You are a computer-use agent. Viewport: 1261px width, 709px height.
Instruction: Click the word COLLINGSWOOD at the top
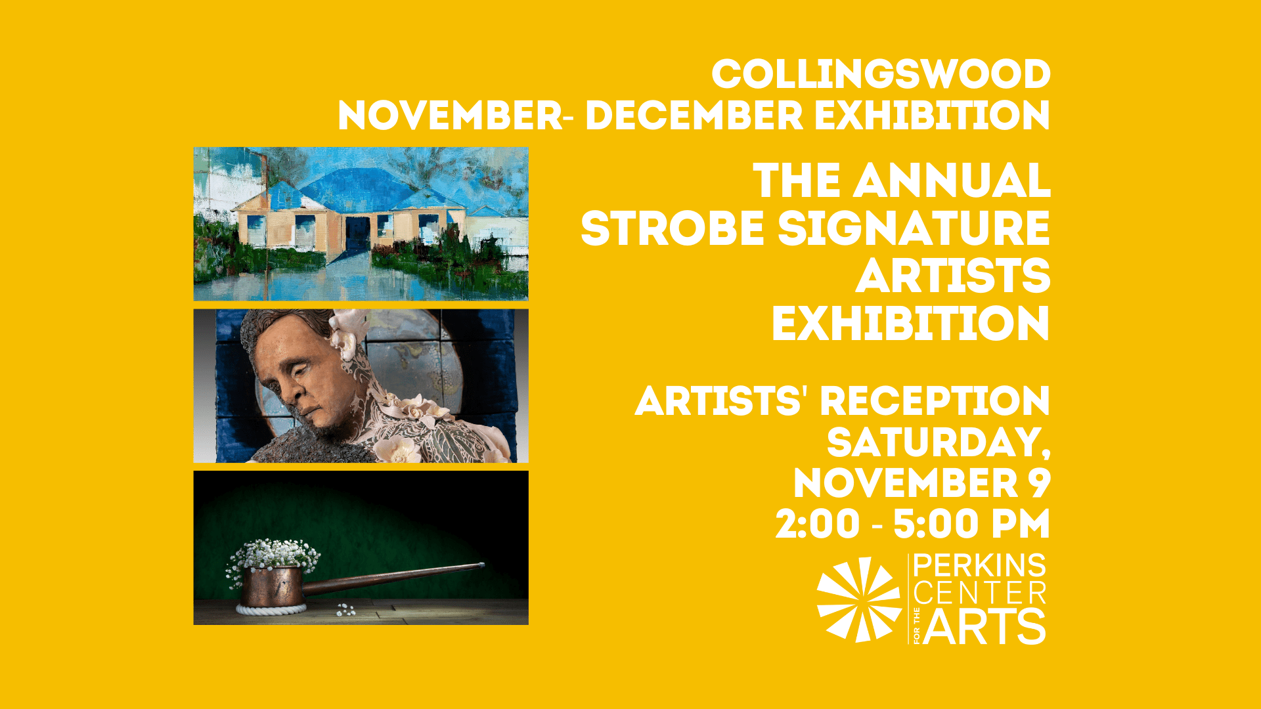tap(881, 74)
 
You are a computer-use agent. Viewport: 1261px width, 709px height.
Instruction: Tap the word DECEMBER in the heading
tap(694, 116)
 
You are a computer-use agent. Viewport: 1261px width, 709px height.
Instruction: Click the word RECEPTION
tap(935, 401)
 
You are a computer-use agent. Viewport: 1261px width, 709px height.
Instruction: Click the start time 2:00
tap(817, 525)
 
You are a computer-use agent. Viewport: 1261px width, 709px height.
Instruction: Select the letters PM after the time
tap(1021, 525)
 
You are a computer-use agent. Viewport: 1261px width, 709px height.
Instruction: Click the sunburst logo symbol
tap(858, 599)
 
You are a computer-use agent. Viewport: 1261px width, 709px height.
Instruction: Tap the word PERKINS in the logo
tap(979, 566)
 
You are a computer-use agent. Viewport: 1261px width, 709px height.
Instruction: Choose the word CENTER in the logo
tap(979, 594)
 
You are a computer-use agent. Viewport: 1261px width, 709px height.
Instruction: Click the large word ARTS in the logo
tap(984, 627)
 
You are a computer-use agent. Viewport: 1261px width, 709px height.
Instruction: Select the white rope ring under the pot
tap(271, 610)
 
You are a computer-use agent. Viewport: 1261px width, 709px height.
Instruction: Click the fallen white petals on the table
tap(345, 611)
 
